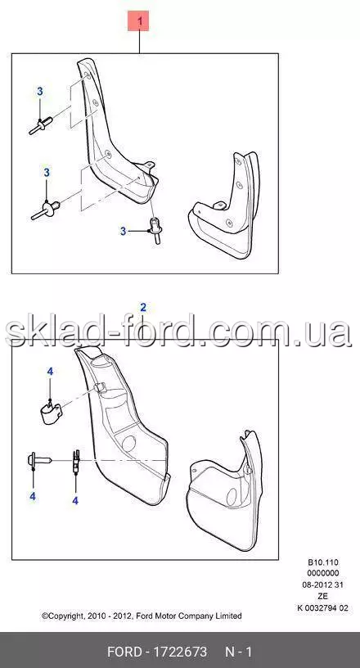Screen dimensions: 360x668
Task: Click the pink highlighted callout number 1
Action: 138,21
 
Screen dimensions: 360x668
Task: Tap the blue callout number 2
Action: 143,307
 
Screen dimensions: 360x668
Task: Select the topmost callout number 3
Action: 39,91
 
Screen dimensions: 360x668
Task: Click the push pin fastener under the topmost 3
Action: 40,126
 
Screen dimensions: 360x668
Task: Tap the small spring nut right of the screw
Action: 76,461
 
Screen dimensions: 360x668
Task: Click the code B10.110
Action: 323,562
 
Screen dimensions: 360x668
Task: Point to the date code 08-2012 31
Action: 322,585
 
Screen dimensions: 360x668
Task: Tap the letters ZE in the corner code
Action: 323,596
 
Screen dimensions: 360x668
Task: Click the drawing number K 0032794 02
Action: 322,608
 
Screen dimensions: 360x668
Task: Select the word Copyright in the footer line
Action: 62,616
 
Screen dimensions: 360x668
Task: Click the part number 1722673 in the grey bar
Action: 182,652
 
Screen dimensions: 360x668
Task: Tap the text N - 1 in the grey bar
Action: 239,652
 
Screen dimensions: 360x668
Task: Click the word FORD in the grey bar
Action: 124,652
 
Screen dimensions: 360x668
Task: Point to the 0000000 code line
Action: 323,574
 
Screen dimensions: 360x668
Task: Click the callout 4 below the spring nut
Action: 75,501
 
